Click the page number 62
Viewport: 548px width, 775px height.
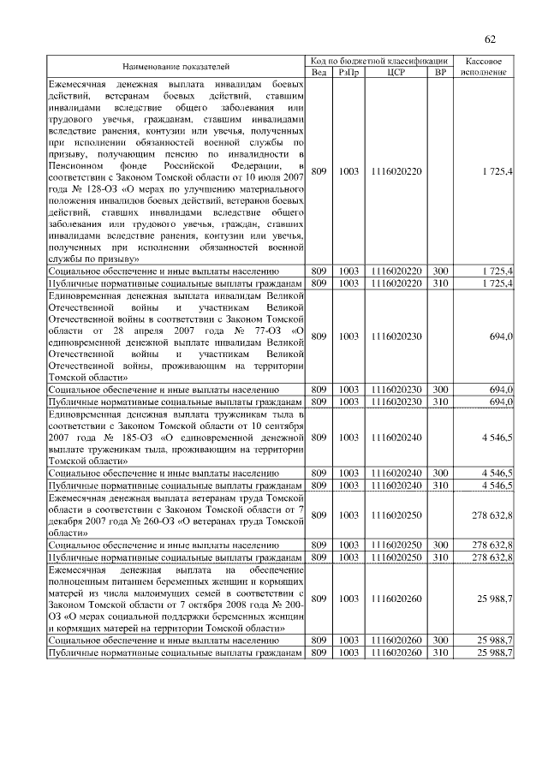[491, 39]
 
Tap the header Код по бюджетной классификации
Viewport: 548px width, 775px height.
[379, 61]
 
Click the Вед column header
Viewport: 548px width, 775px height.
[318, 73]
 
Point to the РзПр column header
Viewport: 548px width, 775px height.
[348, 73]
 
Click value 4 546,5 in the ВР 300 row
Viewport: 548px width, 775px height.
[497, 473]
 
